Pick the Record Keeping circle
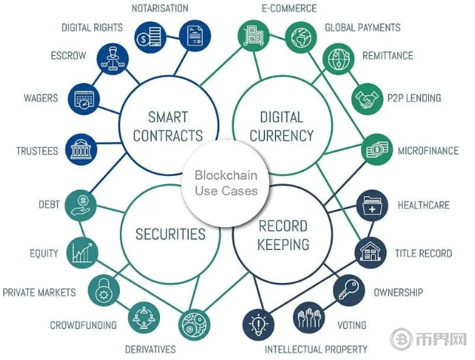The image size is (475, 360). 283,235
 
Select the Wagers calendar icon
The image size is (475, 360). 83,100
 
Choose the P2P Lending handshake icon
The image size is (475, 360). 369,97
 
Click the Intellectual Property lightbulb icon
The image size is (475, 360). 257,325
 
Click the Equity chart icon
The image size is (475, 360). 81,252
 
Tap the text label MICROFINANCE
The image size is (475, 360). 428,151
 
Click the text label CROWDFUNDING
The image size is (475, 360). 83,325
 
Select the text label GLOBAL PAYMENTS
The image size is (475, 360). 363,28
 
